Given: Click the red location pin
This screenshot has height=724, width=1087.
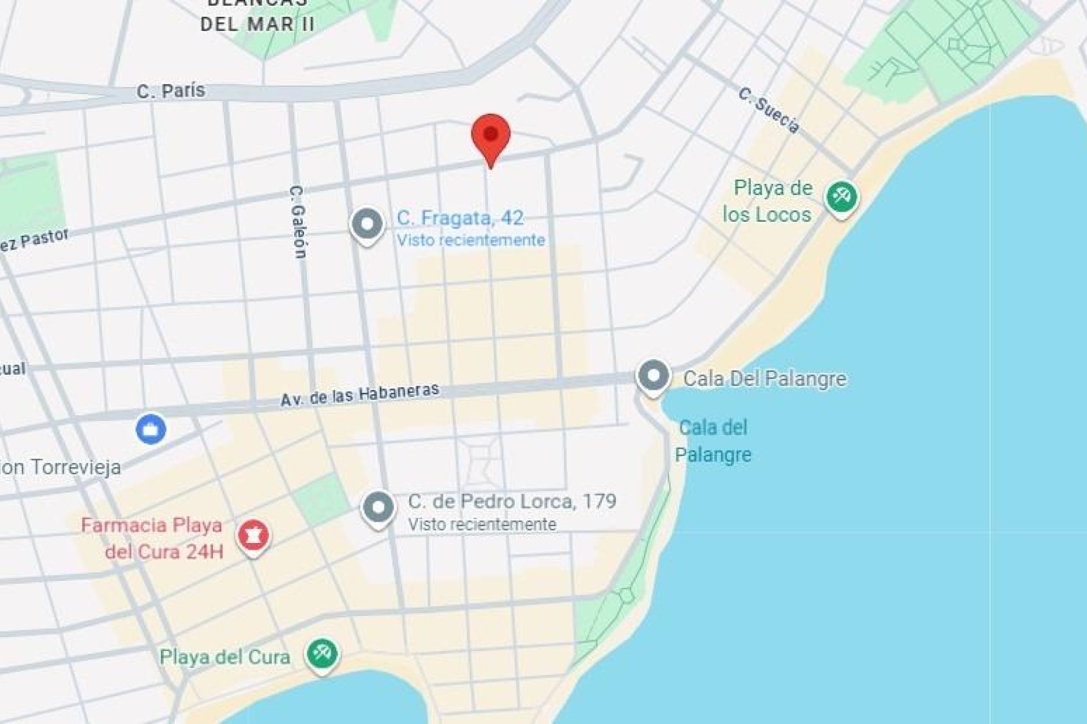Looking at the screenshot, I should (491, 136).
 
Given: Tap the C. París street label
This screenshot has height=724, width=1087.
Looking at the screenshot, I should (170, 90).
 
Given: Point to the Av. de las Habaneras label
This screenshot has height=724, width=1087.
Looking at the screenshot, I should (360, 394).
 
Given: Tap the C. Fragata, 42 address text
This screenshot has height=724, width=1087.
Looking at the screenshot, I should (460, 218).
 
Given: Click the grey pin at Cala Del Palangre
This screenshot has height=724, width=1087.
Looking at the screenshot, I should (654, 376).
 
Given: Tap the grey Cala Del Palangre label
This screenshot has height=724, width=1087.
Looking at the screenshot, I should (764, 378).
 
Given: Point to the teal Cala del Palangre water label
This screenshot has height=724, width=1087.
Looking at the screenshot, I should (713, 441).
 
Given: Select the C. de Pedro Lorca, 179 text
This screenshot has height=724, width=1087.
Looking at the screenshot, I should (512, 501).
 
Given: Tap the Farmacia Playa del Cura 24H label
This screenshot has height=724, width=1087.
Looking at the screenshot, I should (152, 538).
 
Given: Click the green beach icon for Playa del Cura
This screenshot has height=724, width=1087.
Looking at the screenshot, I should (322, 654).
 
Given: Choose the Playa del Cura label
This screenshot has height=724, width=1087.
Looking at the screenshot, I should (225, 657).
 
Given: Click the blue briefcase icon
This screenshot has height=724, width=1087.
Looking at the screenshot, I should (151, 429).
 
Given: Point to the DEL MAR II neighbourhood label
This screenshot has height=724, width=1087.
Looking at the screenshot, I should (258, 24).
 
